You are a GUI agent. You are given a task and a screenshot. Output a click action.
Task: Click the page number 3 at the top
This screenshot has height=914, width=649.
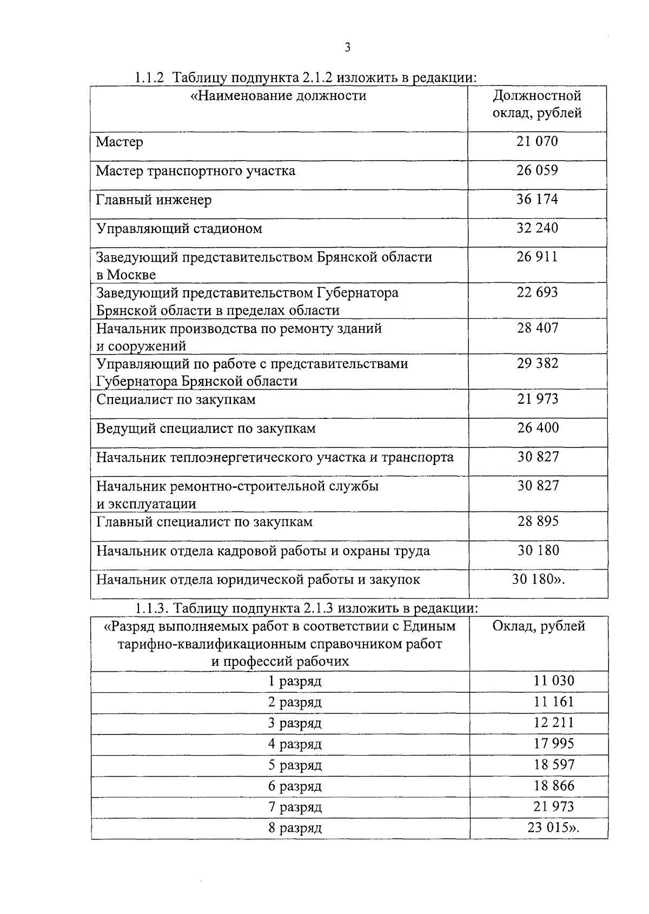click(348, 48)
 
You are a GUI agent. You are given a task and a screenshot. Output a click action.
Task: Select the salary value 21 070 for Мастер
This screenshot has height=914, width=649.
click(537, 142)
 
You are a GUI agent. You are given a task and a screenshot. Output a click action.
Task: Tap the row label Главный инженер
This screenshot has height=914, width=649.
click(154, 200)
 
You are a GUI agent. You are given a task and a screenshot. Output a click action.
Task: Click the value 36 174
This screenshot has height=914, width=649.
click(537, 199)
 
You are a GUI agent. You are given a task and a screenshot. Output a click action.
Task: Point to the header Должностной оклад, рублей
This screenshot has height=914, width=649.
click(537, 105)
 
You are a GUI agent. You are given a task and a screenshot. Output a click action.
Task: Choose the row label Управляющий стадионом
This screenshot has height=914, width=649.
click(179, 229)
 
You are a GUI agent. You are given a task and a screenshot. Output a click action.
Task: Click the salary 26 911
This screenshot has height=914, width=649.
click(537, 257)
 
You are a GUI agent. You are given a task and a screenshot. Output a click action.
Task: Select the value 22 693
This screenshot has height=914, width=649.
click(537, 292)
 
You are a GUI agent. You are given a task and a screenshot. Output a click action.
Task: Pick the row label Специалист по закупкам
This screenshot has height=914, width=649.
click(176, 399)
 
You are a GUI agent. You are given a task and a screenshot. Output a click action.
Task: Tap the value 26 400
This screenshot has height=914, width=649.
click(538, 428)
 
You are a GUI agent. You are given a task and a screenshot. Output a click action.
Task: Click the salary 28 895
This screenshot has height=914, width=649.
click(538, 522)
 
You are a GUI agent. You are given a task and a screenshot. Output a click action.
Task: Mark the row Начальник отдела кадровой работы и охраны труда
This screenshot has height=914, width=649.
click(263, 551)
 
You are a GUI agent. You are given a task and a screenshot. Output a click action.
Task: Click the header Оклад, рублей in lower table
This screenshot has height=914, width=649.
click(539, 626)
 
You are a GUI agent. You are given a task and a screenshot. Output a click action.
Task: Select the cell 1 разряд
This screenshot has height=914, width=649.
click(295, 681)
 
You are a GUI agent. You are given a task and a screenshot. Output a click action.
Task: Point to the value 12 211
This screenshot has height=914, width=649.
click(554, 723)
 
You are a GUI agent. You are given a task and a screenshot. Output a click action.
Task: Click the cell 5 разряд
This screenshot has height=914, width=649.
click(295, 765)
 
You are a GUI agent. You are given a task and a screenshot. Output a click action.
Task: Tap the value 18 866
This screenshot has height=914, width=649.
click(554, 786)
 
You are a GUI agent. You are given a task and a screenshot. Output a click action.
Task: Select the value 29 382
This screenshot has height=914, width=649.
click(538, 364)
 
